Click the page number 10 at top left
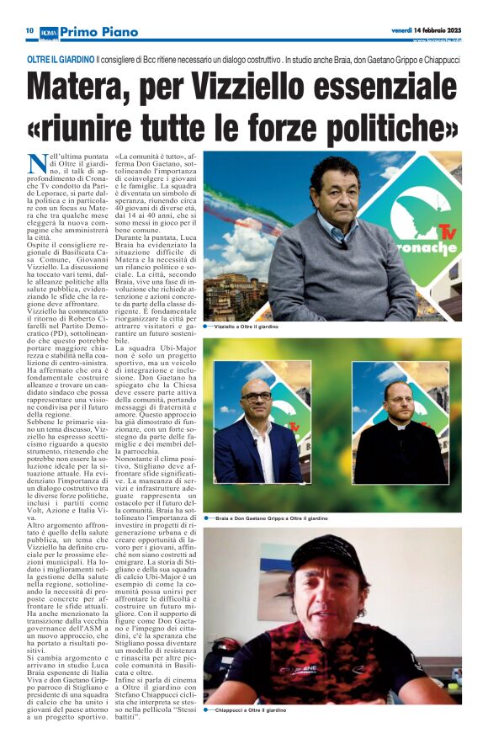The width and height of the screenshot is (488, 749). click(28, 30)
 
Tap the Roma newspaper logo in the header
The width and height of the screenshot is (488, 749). click(50, 30)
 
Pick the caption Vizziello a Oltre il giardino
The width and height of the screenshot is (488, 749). click(247, 325)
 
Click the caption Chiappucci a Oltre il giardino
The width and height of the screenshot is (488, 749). click(252, 734)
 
